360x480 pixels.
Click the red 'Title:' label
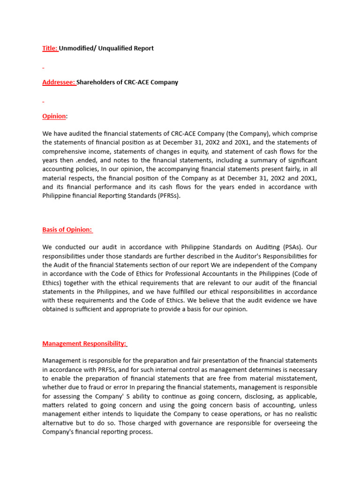(50, 48)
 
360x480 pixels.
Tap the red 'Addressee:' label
(59, 82)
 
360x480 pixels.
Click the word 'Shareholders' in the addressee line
(97, 82)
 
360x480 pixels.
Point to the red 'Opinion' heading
(54, 116)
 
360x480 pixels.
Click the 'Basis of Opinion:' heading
(67, 229)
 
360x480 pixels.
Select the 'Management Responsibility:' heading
(84, 343)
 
